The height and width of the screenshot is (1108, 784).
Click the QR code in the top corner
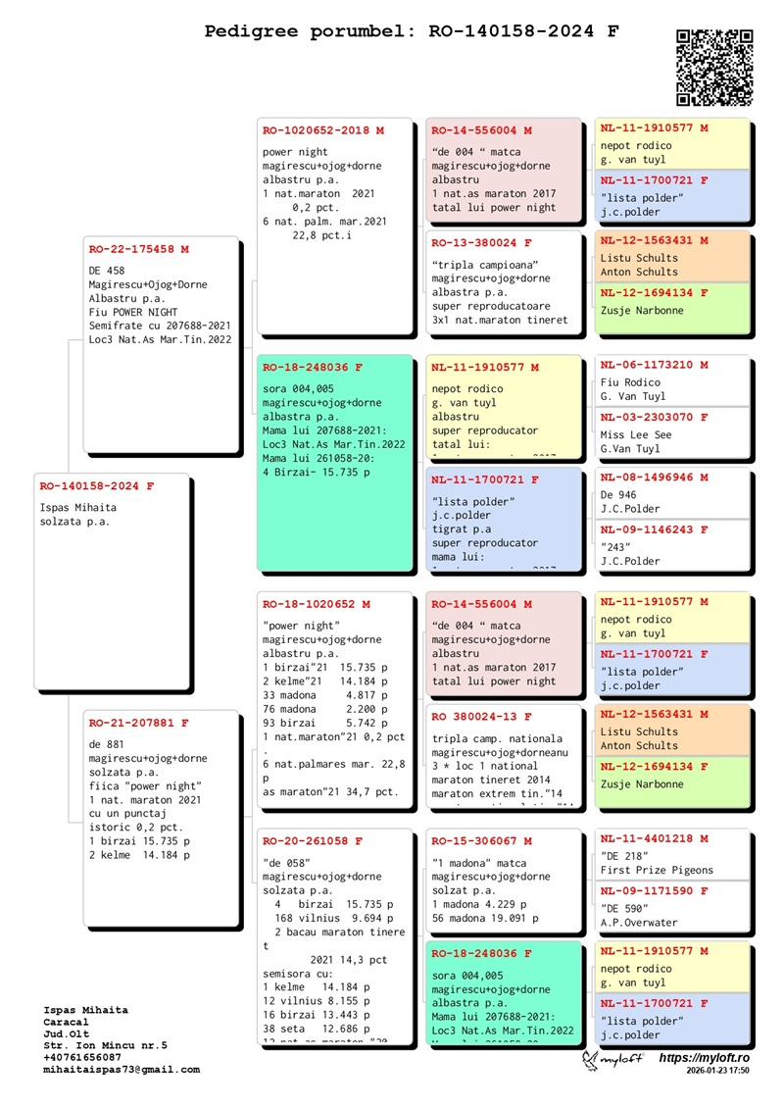pos(714,67)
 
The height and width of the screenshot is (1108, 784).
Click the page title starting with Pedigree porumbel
pos(412,31)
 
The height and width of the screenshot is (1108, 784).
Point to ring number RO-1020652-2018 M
pos(323,129)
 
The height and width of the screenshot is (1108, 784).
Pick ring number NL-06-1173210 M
pos(654,365)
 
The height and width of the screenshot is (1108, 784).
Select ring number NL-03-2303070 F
pos(654,417)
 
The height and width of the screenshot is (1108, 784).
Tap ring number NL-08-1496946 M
pos(654,478)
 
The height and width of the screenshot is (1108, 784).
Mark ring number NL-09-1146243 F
pos(654,529)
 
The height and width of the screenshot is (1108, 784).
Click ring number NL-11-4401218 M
pos(654,838)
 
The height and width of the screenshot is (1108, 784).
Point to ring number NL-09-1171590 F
pos(654,891)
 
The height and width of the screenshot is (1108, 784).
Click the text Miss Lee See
pos(636,434)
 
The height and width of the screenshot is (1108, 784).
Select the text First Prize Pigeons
pos(658,870)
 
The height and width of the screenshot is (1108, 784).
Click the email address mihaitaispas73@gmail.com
pos(122,1070)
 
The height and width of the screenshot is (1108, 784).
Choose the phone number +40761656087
pos(83,1057)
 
